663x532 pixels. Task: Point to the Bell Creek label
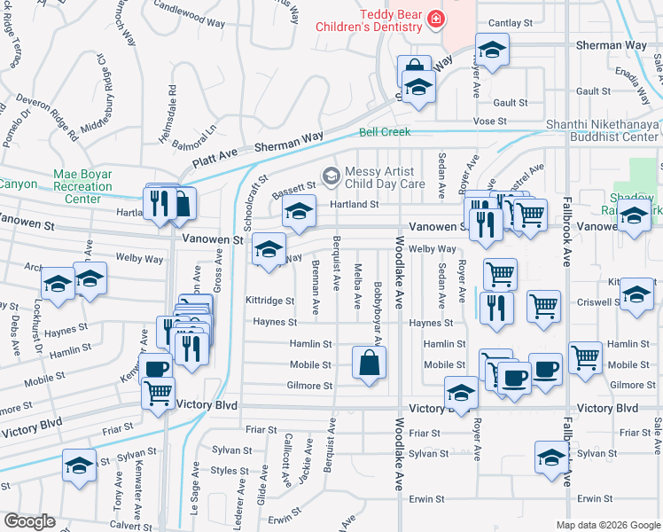pos(385,132)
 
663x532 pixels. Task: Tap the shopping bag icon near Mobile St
pos(369,362)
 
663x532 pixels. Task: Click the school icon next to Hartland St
pos(299,212)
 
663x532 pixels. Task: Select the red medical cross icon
pos(435,18)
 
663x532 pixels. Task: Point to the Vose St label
pos(488,120)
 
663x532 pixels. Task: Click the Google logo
pos(29,521)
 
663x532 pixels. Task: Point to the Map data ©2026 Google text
pos(607,525)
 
